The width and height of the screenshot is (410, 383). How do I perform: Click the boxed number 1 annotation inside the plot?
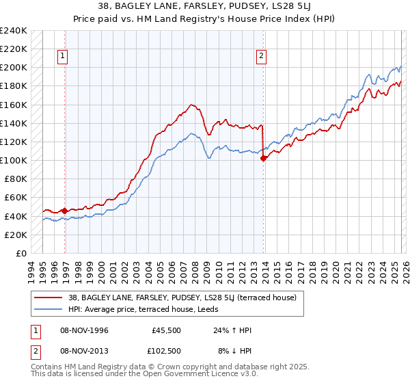62,57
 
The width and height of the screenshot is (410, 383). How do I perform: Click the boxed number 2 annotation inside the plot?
262,57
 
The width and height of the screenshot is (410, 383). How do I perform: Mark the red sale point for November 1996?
65,211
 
